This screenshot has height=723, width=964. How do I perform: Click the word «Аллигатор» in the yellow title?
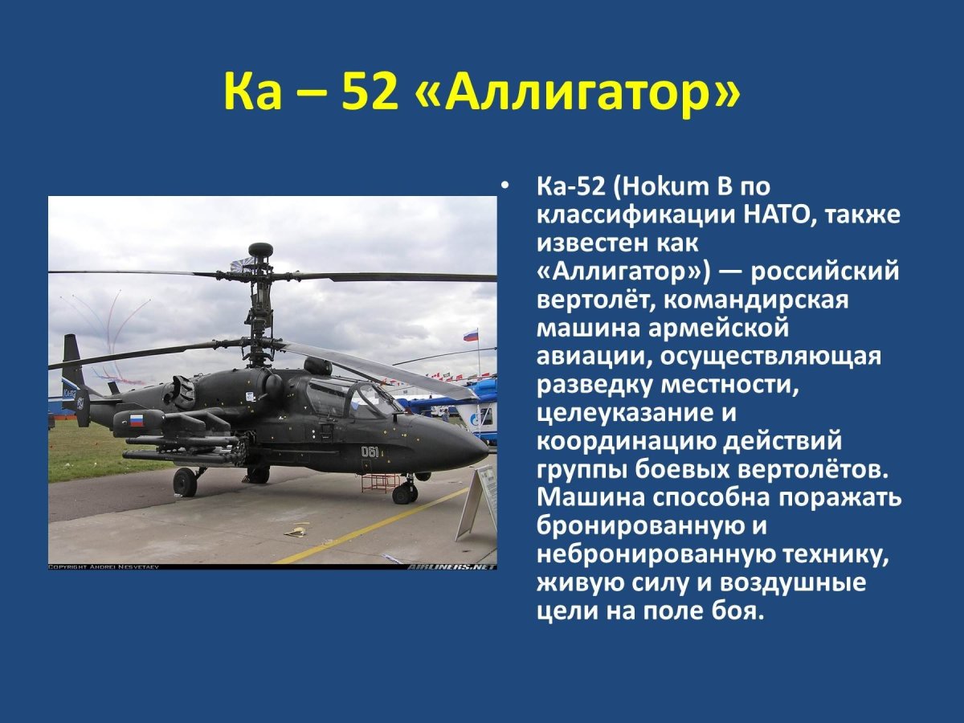[577, 93]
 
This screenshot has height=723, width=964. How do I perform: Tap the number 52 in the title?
[370, 93]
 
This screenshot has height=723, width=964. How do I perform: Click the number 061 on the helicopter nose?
[370, 451]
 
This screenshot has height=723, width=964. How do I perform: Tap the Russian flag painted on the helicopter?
[137, 419]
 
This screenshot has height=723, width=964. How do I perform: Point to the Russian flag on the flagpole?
[471, 335]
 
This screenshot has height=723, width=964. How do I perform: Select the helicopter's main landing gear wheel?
[185, 482]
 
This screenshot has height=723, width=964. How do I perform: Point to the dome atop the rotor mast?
[260, 250]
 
